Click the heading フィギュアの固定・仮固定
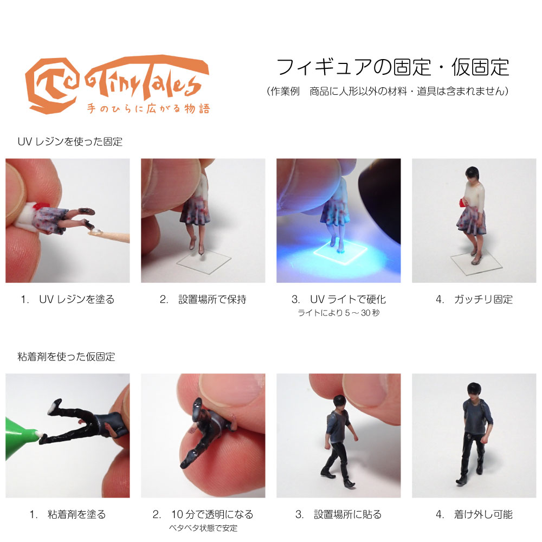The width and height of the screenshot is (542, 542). (393, 67)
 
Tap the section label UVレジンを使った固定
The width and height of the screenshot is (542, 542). (70, 143)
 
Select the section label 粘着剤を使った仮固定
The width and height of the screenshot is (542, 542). (66, 357)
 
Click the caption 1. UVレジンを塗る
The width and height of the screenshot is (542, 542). (68, 299)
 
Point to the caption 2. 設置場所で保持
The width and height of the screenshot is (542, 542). (203, 299)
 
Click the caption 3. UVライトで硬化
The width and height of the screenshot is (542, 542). (338, 299)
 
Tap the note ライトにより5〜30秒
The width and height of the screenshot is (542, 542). (338, 313)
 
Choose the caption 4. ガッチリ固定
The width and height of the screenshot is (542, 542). (474, 299)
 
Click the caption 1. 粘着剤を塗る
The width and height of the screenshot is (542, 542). (68, 514)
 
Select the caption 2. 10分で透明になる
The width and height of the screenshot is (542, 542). (203, 514)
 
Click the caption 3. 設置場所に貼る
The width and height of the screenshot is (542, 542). (338, 514)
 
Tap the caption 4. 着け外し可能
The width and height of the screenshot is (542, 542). (474, 514)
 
